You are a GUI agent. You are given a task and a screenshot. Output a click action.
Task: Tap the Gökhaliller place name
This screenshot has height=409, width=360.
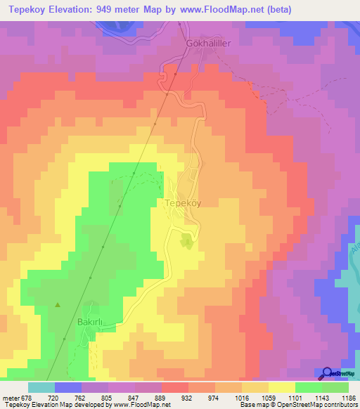pyautogui.click(x=208, y=42)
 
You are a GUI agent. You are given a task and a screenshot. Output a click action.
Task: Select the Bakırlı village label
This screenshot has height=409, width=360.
pyautogui.click(x=90, y=323)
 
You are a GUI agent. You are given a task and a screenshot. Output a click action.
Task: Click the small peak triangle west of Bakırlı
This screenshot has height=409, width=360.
pyautogui.click(x=58, y=305)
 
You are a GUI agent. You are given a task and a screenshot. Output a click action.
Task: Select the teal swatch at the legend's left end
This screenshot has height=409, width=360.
pyautogui.click(x=41, y=387)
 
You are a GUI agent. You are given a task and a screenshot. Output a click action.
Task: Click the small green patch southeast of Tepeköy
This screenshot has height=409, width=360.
pyautogui.click(x=186, y=242)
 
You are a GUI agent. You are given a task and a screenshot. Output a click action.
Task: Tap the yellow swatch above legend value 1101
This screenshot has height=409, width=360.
pyautogui.click(x=281, y=387)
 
